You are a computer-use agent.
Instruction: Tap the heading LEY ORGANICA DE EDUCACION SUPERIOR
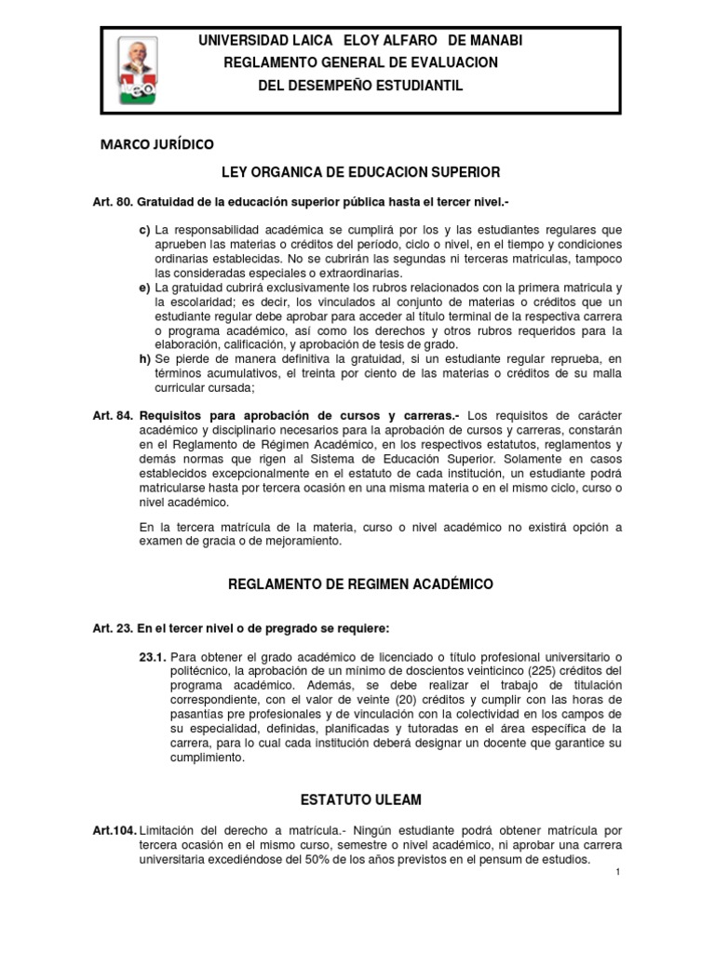360,172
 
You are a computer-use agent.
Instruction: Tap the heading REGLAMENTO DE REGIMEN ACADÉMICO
360,584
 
